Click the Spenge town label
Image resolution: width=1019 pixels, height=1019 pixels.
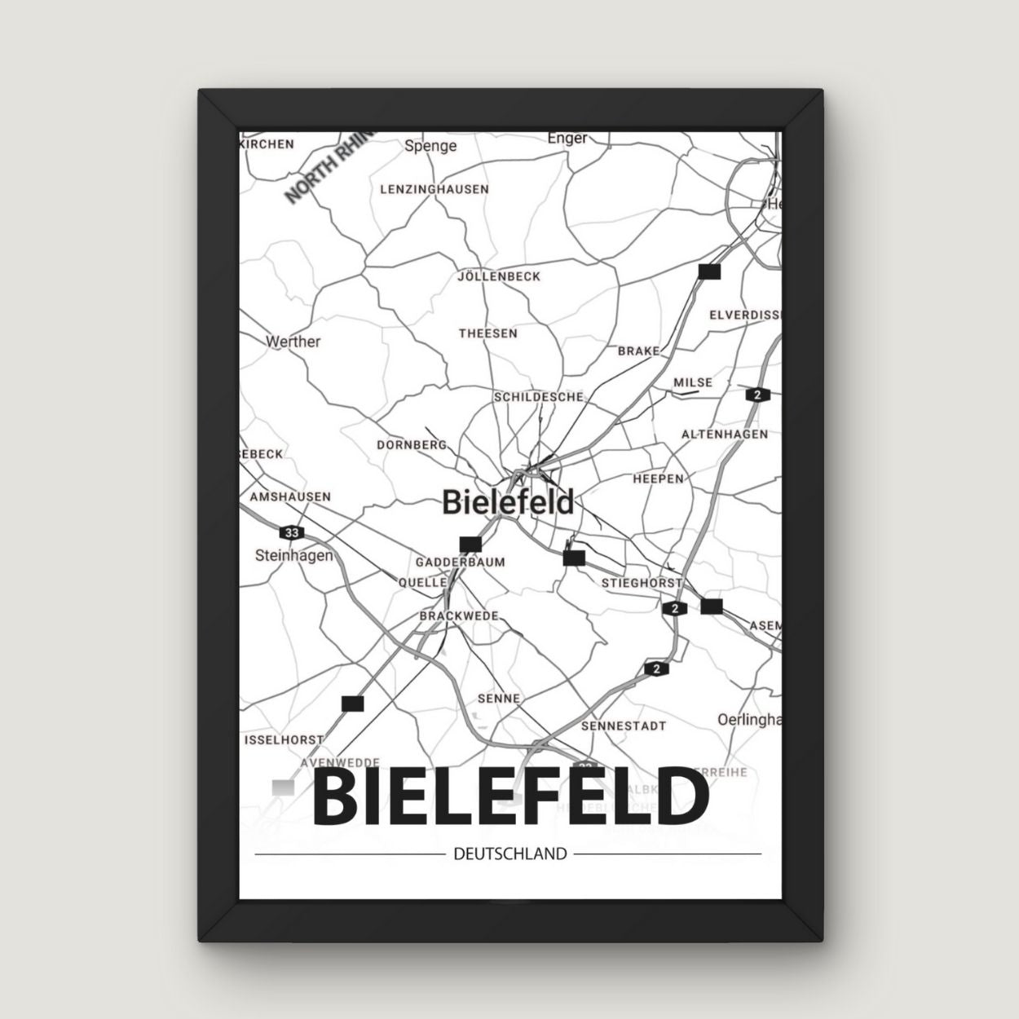(430, 146)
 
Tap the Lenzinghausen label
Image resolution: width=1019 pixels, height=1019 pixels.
(435, 189)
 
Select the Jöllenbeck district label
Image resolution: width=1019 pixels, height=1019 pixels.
(500, 276)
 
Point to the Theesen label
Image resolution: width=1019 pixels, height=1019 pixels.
(487, 333)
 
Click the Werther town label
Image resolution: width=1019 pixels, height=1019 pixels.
(293, 342)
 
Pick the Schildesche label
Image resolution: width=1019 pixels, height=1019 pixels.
(539, 397)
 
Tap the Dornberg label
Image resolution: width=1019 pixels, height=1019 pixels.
(412, 445)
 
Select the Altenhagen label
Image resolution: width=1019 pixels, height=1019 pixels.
(725, 435)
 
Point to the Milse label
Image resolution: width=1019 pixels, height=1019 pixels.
(693, 382)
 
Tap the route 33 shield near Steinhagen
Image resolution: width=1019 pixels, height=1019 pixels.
(291, 532)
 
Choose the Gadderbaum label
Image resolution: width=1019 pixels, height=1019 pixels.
(461, 562)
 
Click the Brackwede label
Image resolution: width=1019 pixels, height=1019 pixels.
(459, 616)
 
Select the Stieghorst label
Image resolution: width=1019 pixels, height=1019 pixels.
(642, 583)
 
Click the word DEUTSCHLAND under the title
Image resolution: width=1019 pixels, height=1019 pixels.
(509, 854)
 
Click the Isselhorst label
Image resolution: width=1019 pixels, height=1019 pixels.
(285, 740)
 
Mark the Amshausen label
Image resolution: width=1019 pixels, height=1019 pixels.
(290, 496)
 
